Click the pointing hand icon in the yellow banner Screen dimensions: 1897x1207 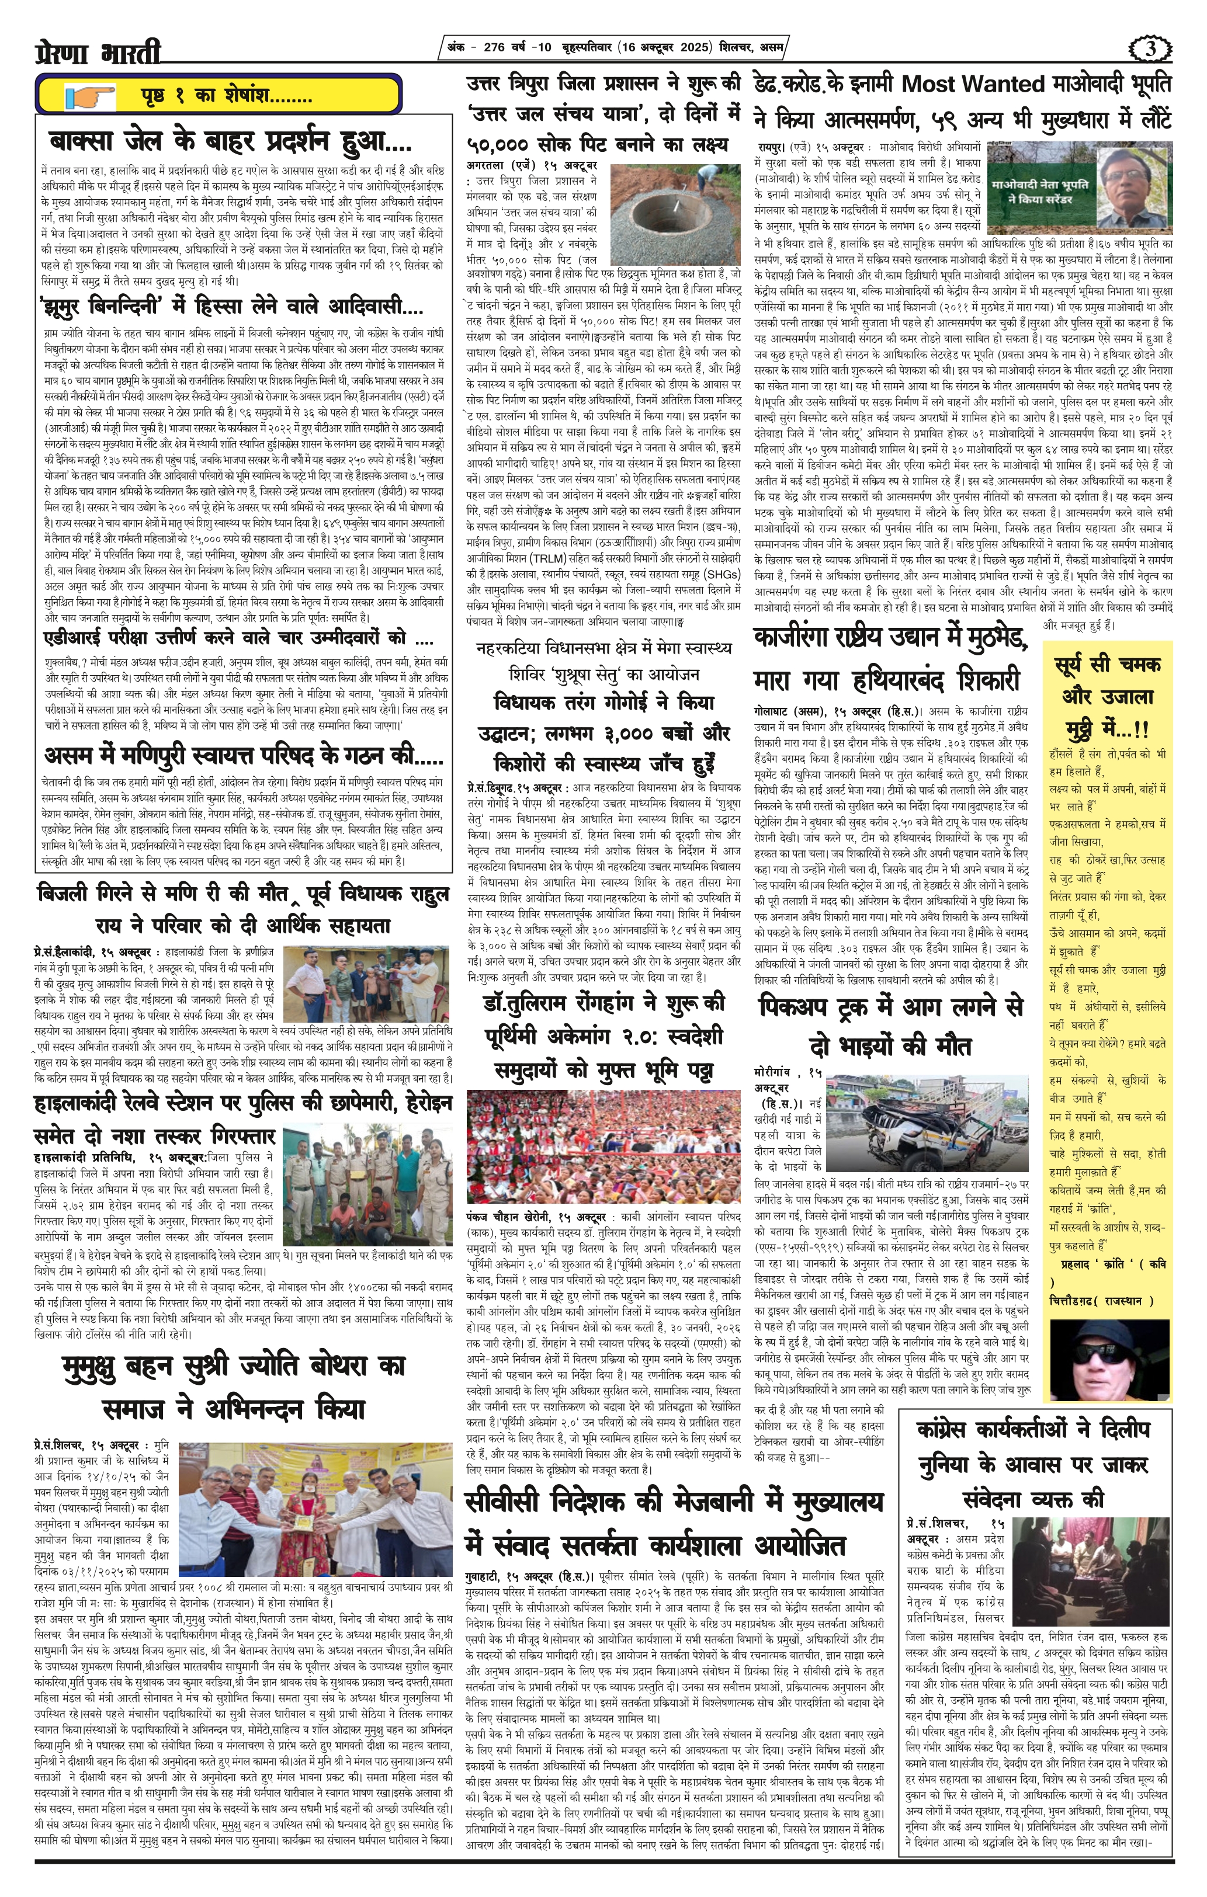(x=91, y=97)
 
